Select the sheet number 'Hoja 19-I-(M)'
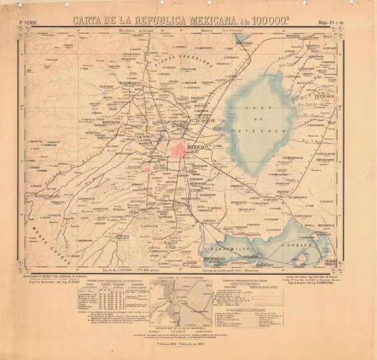pos(340,22)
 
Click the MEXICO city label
pos(198,146)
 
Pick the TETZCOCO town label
pos(325,95)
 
